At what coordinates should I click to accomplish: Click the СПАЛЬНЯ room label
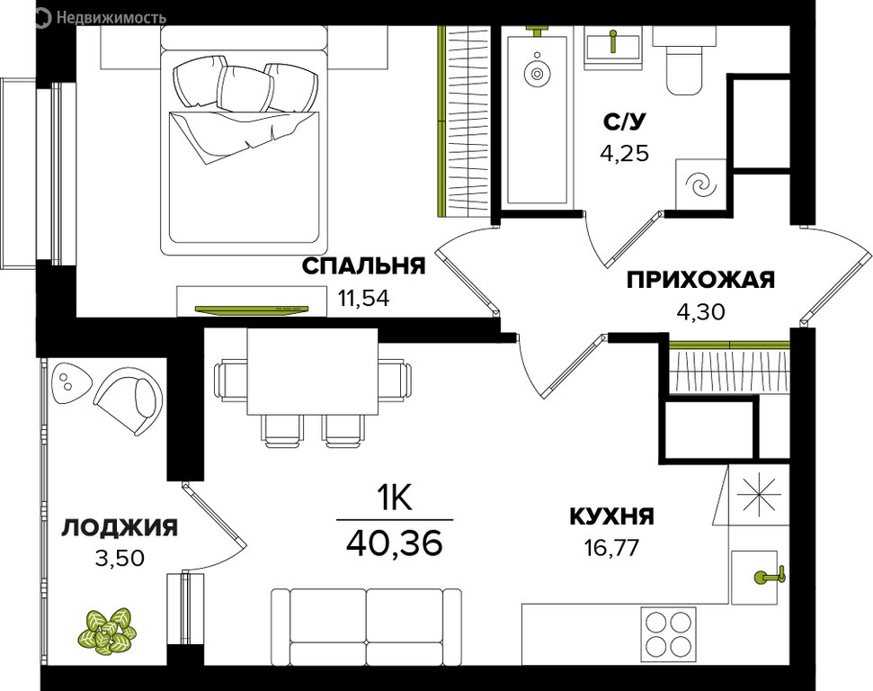363,266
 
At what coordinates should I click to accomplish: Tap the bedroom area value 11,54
363,298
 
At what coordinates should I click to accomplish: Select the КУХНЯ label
611,516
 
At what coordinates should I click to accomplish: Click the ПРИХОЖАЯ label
700,280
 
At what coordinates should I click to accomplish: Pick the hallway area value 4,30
700,311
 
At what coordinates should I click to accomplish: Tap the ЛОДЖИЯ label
120,528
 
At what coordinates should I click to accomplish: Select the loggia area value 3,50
120,558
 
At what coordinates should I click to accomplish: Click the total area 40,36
395,543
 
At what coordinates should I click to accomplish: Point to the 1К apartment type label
395,498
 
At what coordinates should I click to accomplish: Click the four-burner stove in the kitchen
668,634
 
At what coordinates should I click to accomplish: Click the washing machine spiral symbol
699,184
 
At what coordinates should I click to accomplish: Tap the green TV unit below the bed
253,310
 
